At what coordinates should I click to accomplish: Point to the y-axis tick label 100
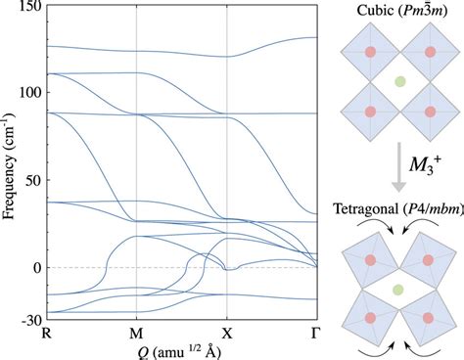point(29,92)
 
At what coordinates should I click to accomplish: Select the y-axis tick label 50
point(32,180)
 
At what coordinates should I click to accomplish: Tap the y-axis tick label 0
point(35,267)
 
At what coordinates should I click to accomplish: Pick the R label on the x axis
point(46,335)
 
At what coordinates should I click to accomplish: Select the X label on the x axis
point(227,335)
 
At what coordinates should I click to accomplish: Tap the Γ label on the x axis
point(317,335)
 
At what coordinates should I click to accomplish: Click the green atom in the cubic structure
point(397,83)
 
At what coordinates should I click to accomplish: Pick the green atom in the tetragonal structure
point(397,290)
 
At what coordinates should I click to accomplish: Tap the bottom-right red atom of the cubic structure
point(427,111)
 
